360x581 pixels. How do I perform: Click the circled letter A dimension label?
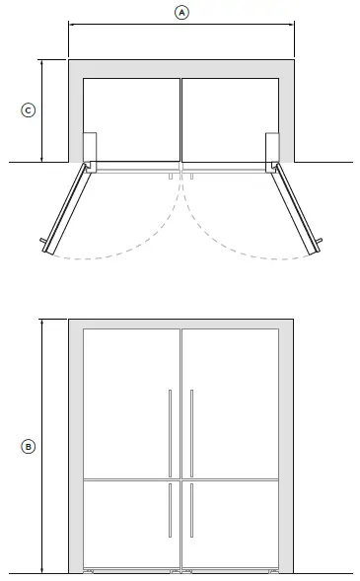point(180,13)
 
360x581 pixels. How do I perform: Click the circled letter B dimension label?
point(29,446)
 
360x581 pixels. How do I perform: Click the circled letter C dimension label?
point(29,110)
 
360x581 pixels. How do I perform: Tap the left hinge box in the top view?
point(90,147)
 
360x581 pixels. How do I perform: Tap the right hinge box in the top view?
point(271,147)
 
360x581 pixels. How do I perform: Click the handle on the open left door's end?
point(42,242)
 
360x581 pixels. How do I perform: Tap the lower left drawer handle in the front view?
point(170,510)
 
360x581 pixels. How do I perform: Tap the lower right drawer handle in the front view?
point(191,510)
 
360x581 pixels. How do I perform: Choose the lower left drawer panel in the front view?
point(126,523)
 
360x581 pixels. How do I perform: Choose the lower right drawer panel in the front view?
point(235,523)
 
